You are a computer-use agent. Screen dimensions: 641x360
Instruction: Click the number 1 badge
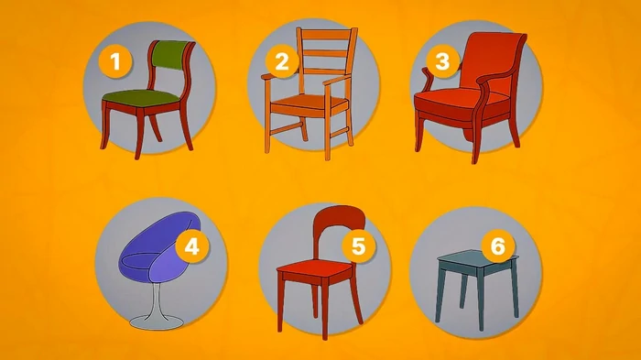click(x=115, y=61)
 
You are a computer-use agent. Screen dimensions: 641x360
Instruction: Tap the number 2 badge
click(x=282, y=61)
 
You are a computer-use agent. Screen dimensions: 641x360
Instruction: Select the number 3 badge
click(x=442, y=61)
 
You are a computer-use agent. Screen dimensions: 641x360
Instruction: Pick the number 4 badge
click(x=191, y=246)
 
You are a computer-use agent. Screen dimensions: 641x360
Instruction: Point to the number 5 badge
click(x=358, y=246)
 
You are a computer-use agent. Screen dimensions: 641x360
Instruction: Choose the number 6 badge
click(x=497, y=246)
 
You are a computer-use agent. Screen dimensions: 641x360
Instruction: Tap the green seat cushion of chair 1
click(x=141, y=96)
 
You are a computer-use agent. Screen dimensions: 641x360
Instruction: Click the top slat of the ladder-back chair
click(x=326, y=35)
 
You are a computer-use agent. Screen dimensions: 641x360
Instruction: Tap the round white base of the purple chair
click(x=157, y=322)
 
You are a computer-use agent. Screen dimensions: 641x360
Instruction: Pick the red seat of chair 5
click(x=315, y=269)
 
